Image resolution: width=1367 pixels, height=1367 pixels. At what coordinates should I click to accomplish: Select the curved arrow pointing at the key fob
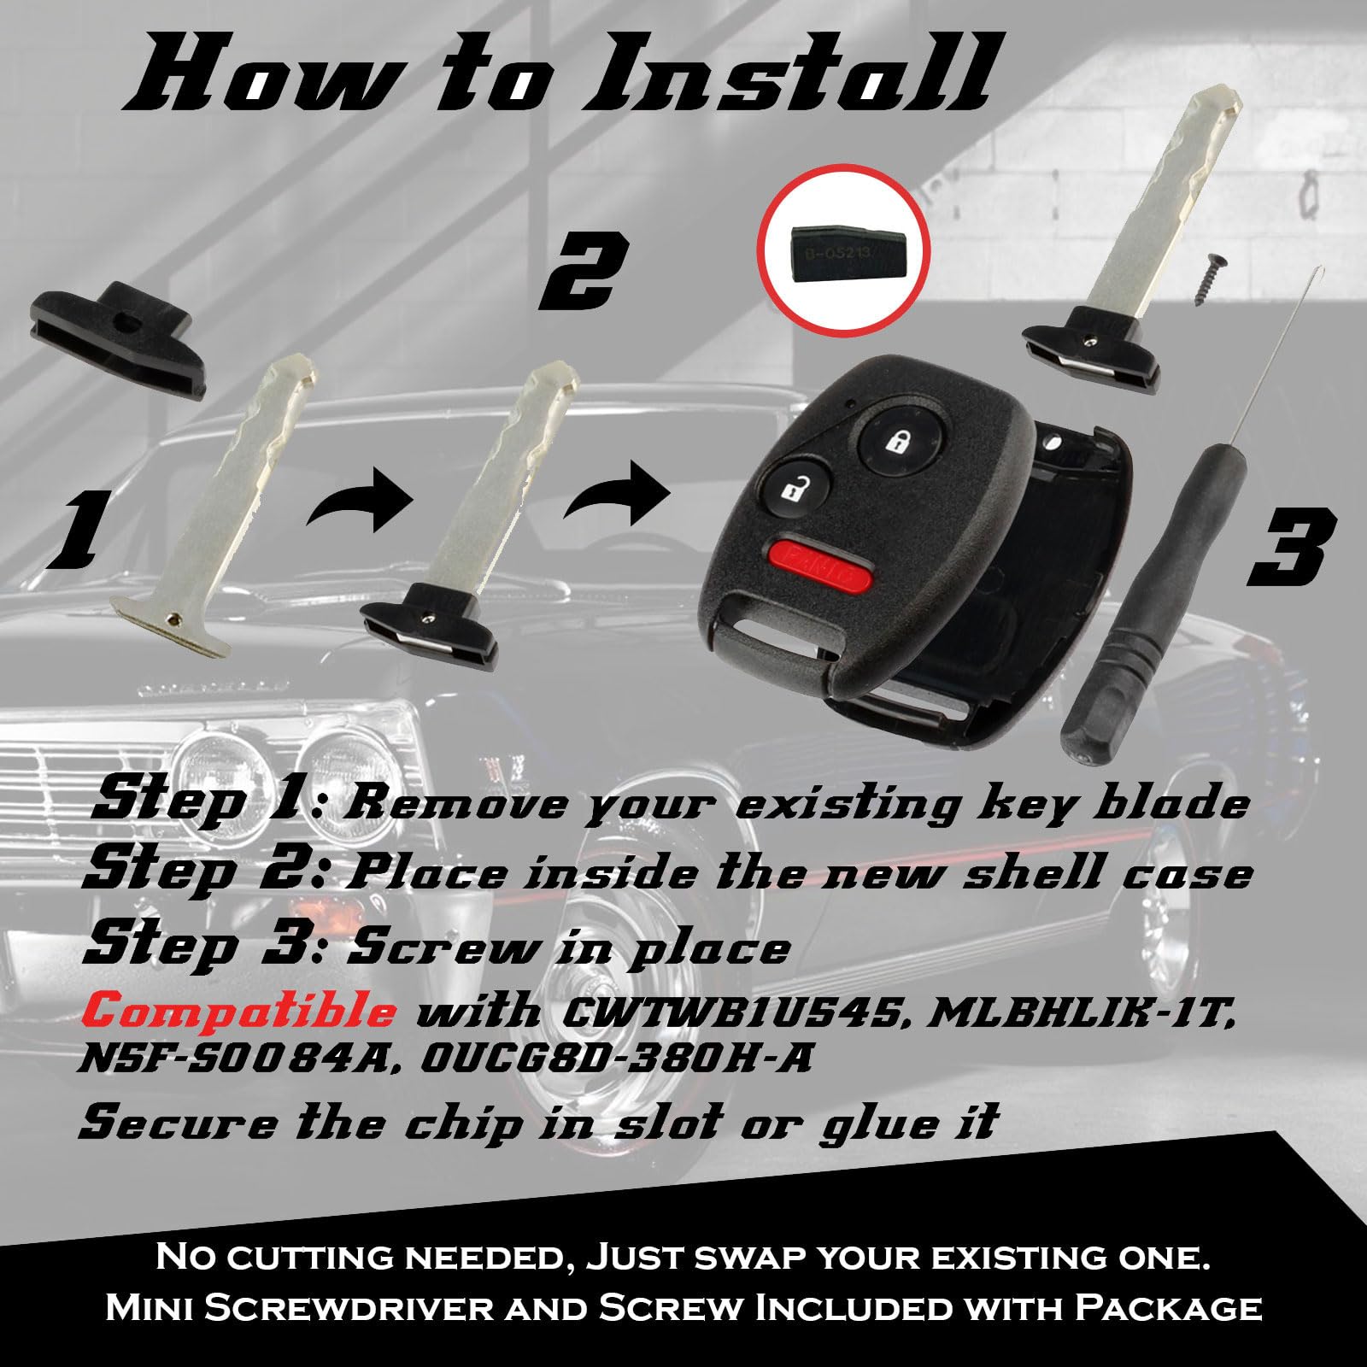[x=616, y=493]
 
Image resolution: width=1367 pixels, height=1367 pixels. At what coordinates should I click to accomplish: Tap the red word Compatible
[x=242, y=1012]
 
